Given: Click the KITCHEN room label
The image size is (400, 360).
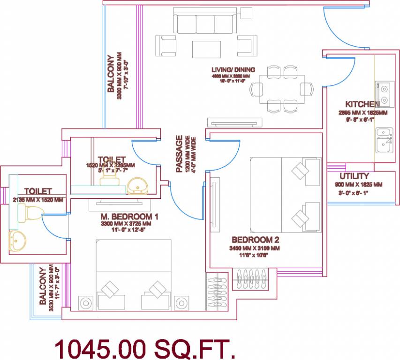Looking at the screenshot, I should coord(362,104).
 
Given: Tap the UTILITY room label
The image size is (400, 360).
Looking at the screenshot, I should coord(355,176).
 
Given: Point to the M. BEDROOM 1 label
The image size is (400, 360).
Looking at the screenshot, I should coord(129,217).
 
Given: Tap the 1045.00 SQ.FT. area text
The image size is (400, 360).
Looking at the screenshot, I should coord(144,349).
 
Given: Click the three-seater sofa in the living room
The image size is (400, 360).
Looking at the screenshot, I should coord(205,22).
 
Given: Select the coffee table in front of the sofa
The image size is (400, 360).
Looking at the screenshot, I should coord(206,48).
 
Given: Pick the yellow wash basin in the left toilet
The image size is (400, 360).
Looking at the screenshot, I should coord(18,241).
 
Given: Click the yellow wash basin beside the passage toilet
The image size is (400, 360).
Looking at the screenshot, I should coord(137,186).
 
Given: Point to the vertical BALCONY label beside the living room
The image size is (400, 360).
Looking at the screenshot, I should coord(111,74).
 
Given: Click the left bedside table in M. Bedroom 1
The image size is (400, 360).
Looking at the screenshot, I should coord(86,303).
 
